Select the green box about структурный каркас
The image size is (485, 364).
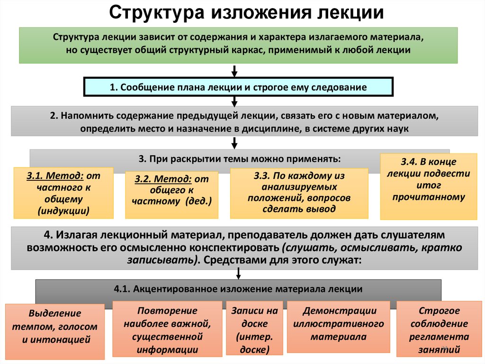238,45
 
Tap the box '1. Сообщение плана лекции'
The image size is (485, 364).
238,87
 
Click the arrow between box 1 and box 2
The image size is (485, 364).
234,101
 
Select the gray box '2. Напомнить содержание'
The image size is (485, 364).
238,122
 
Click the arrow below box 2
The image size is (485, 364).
234,142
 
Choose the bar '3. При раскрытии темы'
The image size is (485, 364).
204,158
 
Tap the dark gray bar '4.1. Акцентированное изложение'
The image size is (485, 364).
239,289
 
